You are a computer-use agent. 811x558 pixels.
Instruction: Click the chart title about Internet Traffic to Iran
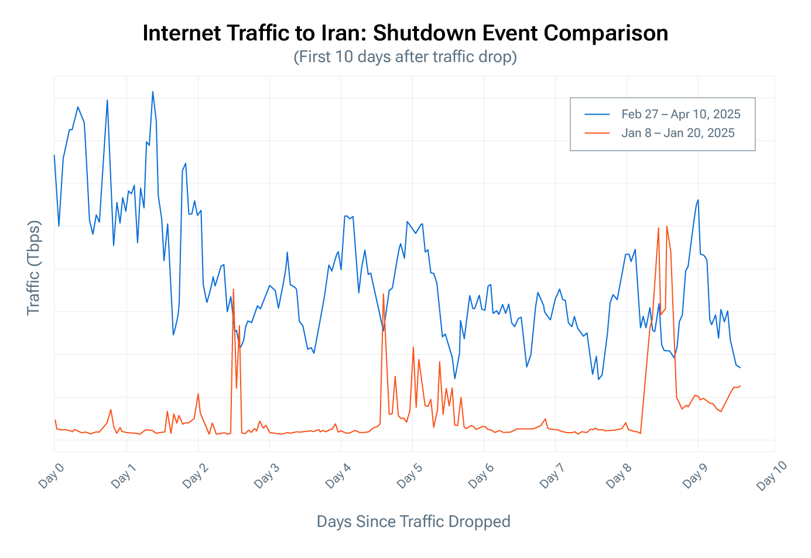(405, 33)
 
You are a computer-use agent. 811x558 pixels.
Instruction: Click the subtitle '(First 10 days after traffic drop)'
(405, 57)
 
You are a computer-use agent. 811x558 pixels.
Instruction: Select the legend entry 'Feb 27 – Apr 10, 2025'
(680, 114)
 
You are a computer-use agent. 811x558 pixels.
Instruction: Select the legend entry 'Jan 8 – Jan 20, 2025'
(677, 133)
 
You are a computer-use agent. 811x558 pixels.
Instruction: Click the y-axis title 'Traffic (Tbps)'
(34, 268)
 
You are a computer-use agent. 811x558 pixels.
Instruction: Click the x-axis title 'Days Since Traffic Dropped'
(413, 521)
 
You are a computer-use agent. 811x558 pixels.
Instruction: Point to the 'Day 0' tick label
(51, 475)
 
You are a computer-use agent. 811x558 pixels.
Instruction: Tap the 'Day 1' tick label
(123, 475)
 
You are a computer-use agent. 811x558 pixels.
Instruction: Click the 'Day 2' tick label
(194, 475)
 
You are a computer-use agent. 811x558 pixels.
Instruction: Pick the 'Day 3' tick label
(266, 475)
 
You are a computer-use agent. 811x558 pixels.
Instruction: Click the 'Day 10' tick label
(771, 475)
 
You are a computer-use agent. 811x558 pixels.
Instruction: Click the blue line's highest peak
(153, 91)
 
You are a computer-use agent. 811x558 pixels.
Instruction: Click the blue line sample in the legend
(597, 114)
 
